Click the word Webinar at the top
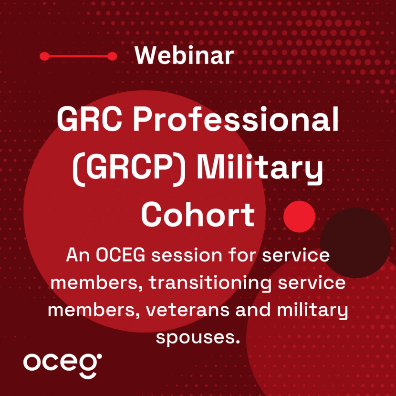[x=184, y=56]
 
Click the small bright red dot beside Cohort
[x=299, y=217]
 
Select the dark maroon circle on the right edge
[x=355, y=242]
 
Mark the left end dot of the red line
[x=44, y=56]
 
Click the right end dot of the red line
[x=113, y=56]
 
